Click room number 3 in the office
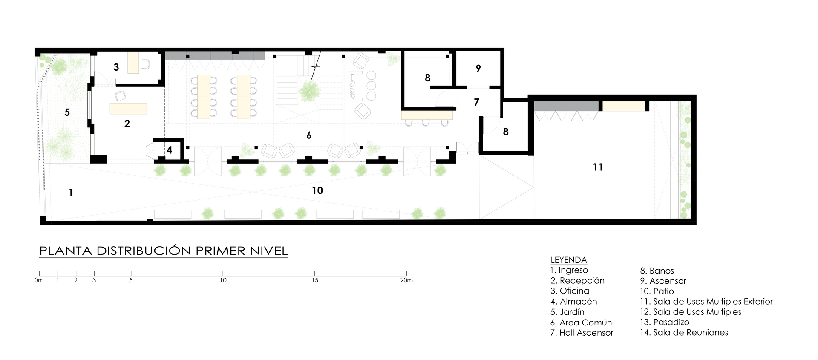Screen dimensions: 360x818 coord(116,67)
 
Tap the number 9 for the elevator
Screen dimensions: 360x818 coord(478,68)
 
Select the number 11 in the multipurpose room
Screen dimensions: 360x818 coord(598,167)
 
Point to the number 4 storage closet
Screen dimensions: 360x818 coord(169,150)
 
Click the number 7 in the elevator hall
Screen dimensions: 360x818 coord(476,102)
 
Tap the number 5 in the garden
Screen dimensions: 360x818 coord(67,112)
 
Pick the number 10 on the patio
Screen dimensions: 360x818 coord(317,190)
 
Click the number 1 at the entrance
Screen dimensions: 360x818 coord(71,193)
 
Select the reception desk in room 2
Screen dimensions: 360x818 coord(128,108)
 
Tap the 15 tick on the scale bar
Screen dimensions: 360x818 coord(315,274)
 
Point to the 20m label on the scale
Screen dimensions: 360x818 coord(406,280)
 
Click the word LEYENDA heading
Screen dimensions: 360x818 coord(568,260)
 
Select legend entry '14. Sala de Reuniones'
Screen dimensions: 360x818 coord(684,333)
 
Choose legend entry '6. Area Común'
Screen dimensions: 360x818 coord(581,323)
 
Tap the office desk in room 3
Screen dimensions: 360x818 coord(133,62)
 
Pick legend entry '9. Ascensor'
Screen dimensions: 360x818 coord(663,281)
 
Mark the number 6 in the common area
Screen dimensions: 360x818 coord(309,135)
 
